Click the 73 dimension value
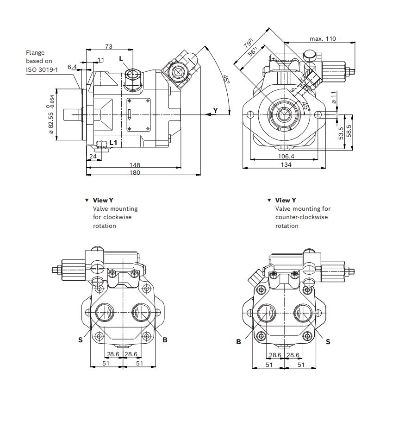[109, 46]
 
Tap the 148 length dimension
[135, 165]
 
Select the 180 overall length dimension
[135, 172]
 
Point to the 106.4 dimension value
[286, 156]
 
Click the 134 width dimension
[286, 164]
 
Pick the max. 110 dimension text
[323, 38]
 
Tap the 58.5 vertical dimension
[349, 131]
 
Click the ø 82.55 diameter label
[51, 123]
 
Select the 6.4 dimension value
[72, 67]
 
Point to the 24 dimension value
[93, 156]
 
